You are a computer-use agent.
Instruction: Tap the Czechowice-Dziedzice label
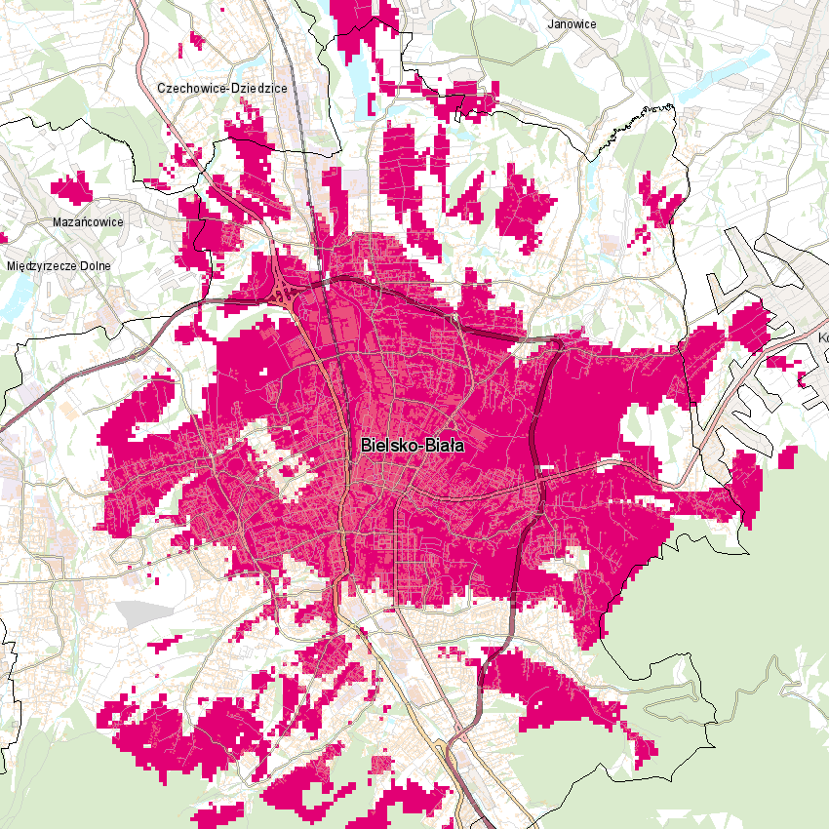221,88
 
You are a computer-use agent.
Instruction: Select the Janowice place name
572,23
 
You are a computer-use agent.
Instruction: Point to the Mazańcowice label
87,221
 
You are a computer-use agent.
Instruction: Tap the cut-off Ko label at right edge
822,338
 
